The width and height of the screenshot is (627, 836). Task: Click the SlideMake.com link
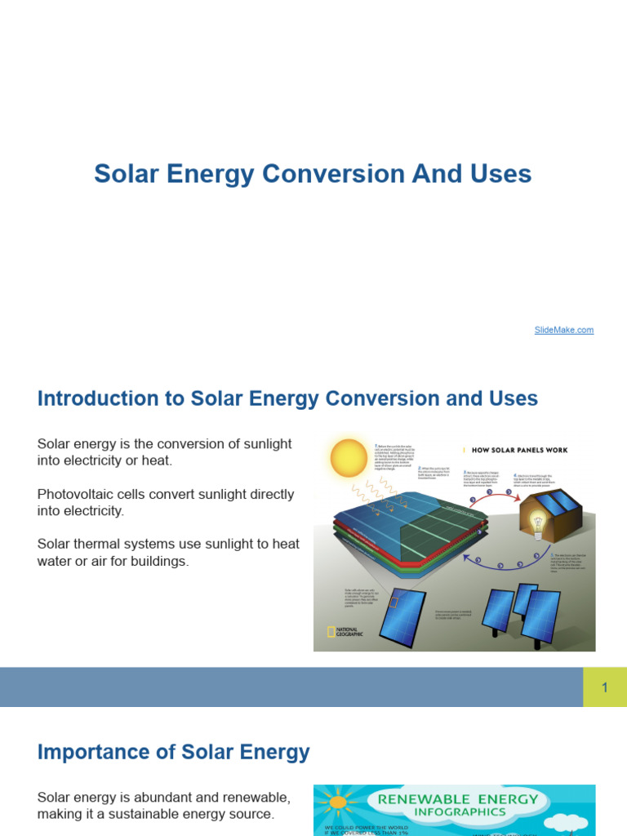(564, 330)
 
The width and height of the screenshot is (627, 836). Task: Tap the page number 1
(605, 687)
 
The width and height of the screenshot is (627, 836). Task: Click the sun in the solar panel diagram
(349, 458)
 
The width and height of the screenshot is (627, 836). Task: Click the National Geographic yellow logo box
(330, 632)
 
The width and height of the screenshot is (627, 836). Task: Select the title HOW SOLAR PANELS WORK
(518, 450)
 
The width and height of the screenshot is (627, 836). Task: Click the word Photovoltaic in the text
(78, 494)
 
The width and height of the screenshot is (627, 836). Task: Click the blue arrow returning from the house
(490, 563)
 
